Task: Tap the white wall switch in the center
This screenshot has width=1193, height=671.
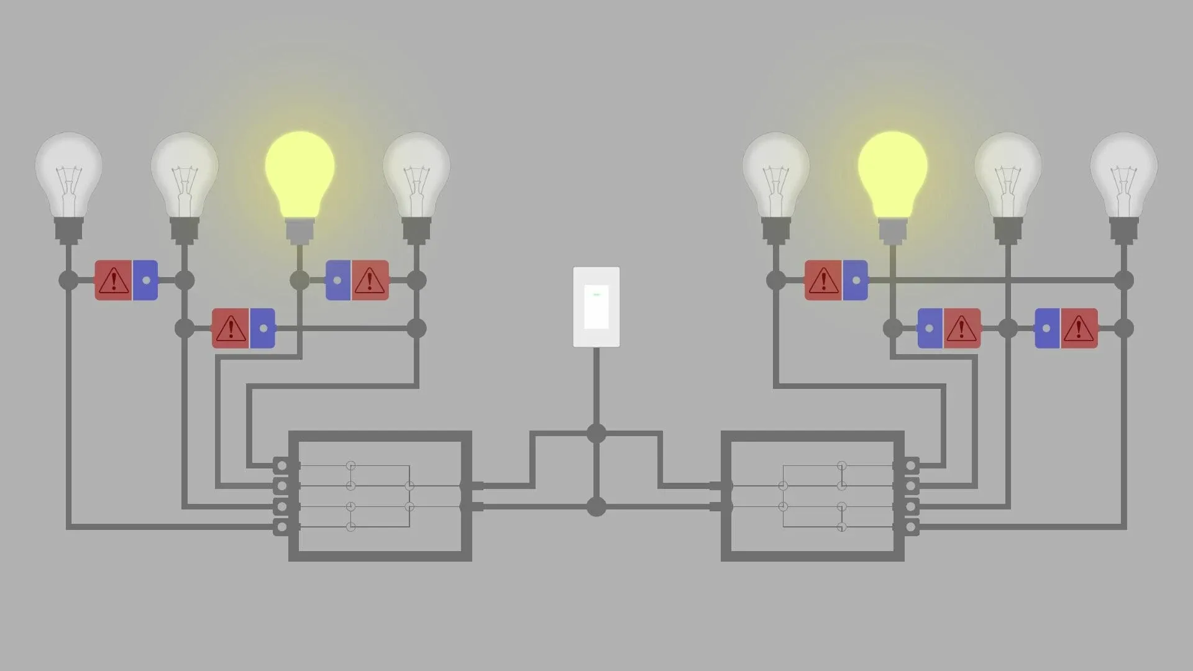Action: tap(596, 307)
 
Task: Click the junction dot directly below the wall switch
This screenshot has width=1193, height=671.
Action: tap(596, 433)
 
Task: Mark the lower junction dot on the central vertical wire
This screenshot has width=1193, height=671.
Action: tap(596, 506)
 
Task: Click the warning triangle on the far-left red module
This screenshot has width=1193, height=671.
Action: tap(113, 280)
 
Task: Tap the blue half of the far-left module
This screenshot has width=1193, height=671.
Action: tap(145, 280)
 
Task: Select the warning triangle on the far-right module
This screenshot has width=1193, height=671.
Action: tap(1079, 329)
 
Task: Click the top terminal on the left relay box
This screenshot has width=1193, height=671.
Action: tap(282, 465)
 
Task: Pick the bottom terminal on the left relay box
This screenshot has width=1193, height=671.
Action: tap(282, 527)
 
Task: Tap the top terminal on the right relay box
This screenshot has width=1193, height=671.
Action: tap(911, 465)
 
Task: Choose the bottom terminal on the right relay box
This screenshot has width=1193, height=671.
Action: tap(911, 527)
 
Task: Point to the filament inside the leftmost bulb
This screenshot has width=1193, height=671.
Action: tap(68, 180)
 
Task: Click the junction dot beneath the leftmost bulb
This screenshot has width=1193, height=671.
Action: tap(68, 280)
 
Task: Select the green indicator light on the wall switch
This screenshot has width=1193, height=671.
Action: tap(596, 294)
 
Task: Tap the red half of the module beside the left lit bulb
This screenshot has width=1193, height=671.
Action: tap(370, 280)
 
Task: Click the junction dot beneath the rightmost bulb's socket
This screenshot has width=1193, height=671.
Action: tap(1123, 280)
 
